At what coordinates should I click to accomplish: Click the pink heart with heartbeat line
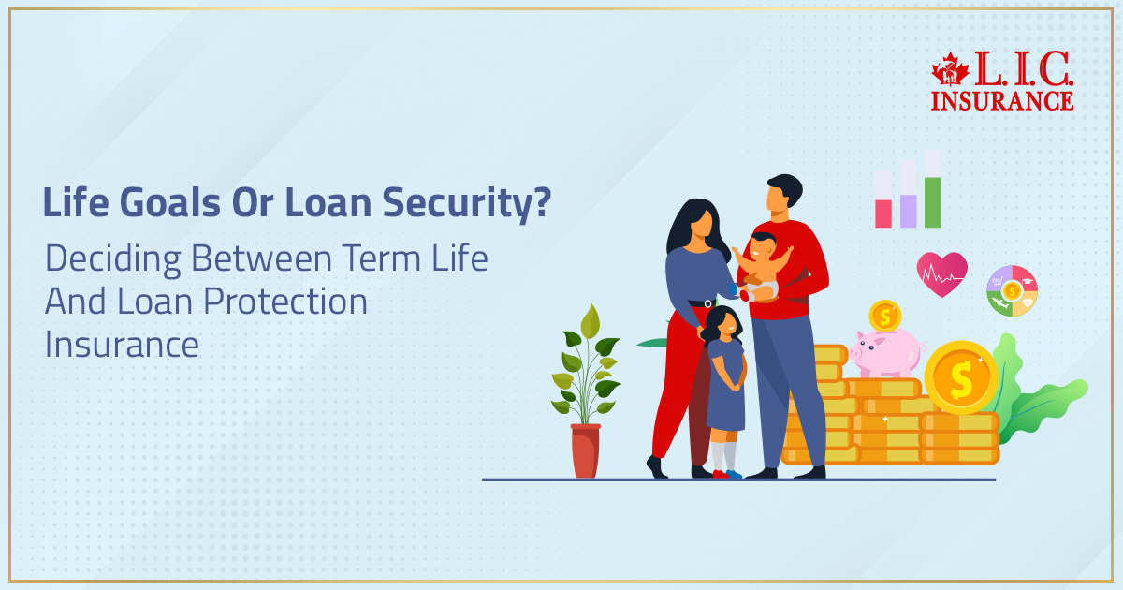(x=941, y=273)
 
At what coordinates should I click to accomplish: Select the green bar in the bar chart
(x=932, y=201)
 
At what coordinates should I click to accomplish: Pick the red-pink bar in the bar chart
(x=882, y=213)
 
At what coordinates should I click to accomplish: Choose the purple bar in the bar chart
(x=908, y=210)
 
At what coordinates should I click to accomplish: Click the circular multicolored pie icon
(x=1012, y=290)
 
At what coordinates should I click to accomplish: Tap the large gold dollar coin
(x=960, y=377)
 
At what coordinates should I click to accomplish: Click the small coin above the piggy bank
(x=884, y=316)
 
